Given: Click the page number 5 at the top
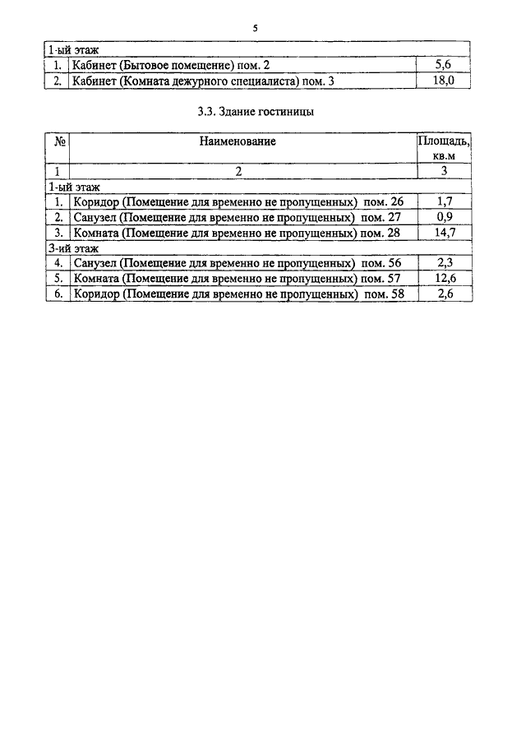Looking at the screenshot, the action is [x=255, y=29].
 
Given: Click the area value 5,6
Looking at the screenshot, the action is [x=443, y=64].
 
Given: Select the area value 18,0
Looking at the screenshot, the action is [x=444, y=80].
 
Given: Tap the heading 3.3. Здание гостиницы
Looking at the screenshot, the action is [x=256, y=112].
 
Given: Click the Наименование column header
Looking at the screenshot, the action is [x=238, y=141].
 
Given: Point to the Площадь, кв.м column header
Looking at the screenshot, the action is [x=444, y=148].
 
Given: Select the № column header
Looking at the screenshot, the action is [x=60, y=141].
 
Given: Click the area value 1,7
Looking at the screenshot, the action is [x=445, y=201].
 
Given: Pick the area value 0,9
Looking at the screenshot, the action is [x=445, y=217].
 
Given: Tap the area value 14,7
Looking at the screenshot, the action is [x=445, y=232].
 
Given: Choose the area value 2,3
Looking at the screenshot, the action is [x=445, y=262].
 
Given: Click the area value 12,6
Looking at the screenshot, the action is [x=445, y=278].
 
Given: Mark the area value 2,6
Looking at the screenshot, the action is [x=445, y=293].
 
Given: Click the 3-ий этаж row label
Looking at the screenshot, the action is [x=73, y=248].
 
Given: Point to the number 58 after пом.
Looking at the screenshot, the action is [x=398, y=293].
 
